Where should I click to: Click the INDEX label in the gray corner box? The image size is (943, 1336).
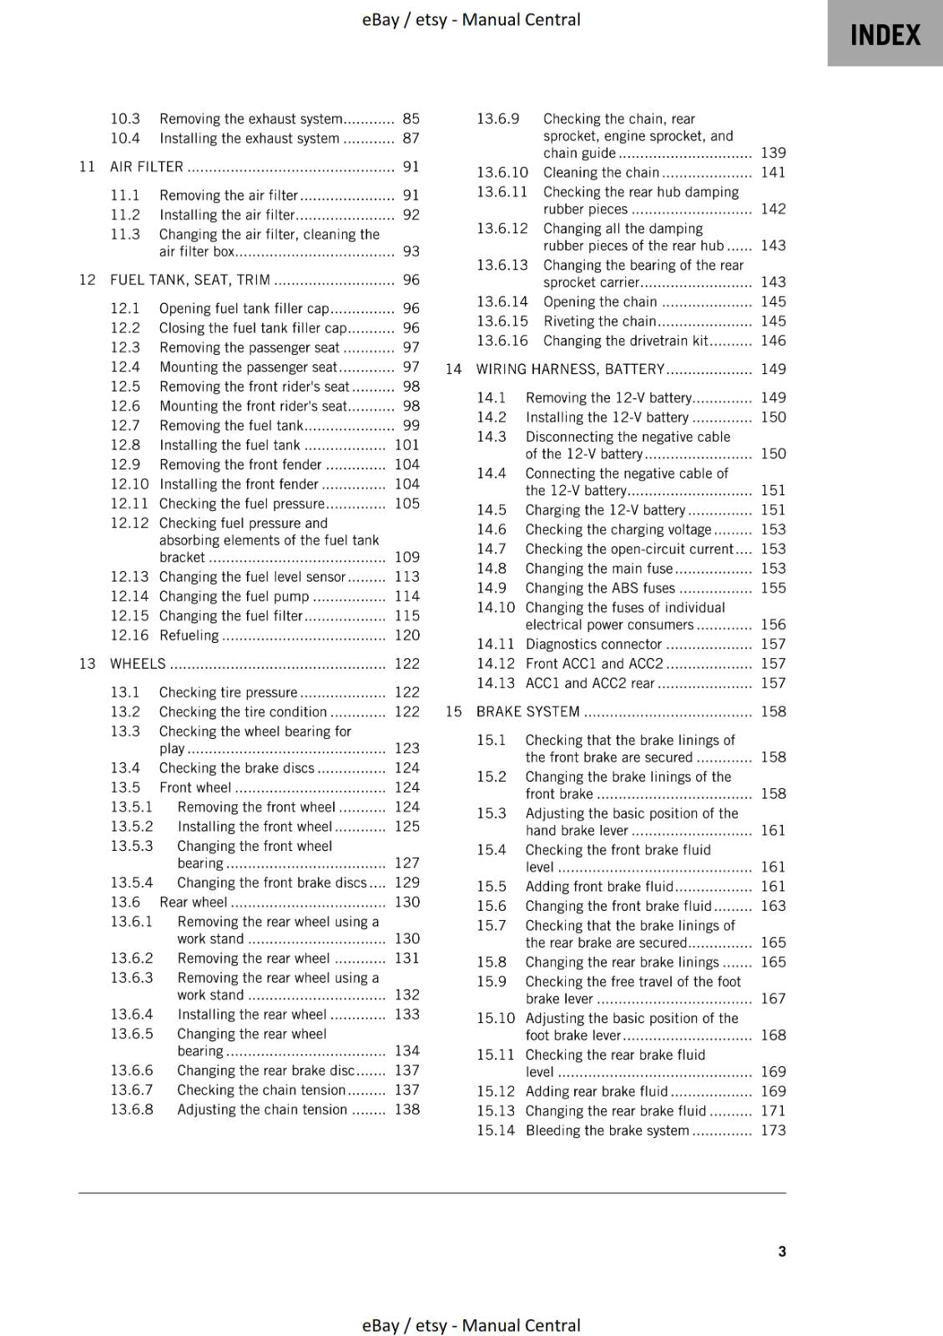click(x=885, y=35)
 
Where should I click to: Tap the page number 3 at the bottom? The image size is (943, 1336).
click(x=781, y=1251)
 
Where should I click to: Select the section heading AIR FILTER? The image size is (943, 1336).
click(x=146, y=166)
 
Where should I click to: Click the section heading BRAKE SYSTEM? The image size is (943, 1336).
click(x=527, y=711)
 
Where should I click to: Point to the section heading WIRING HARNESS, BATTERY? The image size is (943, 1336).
click(x=570, y=369)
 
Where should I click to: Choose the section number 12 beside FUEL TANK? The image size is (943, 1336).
click(x=87, y=280)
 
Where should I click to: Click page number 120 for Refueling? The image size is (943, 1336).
click(x=406, y=635)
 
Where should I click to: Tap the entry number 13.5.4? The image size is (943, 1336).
click(x=132, y=883)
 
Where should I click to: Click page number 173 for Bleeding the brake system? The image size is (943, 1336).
click(x=773, y=1131)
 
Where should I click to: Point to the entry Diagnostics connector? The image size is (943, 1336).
click(x=593, y=645)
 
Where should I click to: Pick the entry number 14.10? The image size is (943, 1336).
click(x=496, y=608)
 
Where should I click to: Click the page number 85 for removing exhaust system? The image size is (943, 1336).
click(x=411, y=119)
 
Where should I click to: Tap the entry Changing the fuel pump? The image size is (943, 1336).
click(x=234, y=596)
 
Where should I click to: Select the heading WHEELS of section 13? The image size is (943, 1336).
click(x=138, y=664)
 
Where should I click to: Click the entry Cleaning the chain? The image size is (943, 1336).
click(x=601, y=173)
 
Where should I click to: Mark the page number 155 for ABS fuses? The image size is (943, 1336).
click(x=773, y=588)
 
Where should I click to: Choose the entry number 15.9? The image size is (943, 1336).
click(x=491, y=982)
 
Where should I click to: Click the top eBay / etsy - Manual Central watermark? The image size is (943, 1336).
click(x=471, y=19)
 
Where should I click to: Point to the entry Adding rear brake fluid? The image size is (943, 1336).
click(x=597, y=1091)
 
